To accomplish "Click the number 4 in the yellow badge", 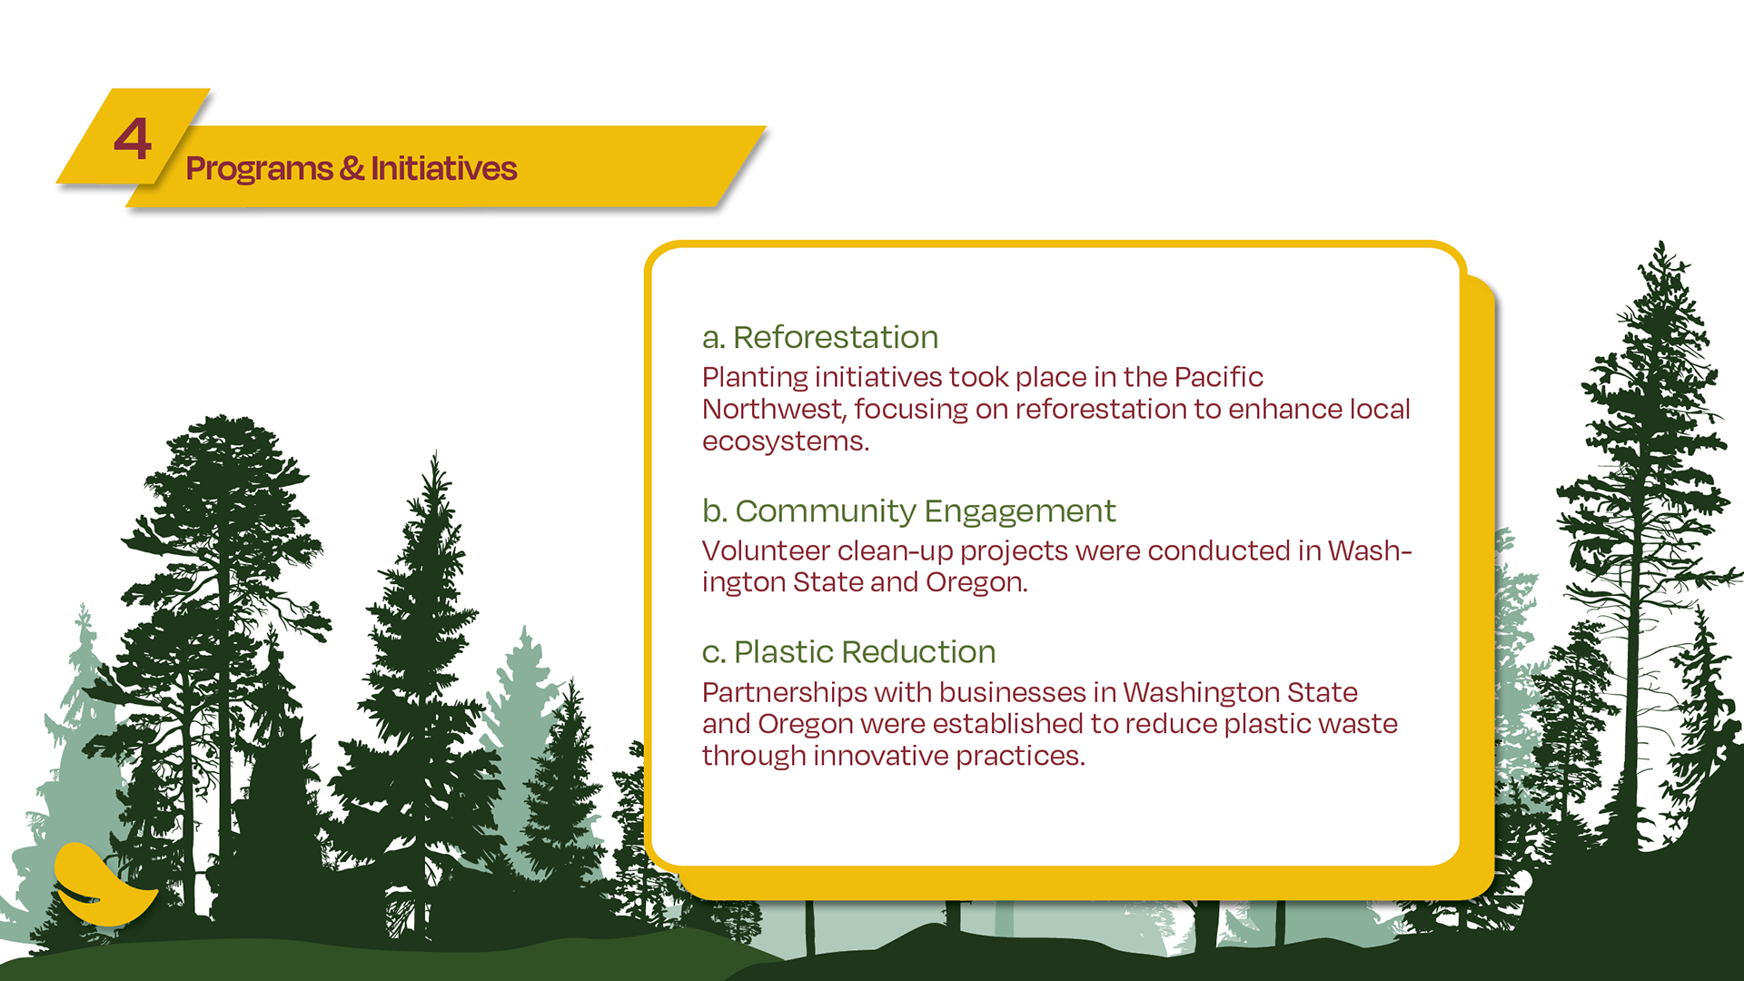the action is pos(133,140).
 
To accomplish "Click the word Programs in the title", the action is pos(259,169).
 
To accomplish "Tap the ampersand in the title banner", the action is pos(352,169).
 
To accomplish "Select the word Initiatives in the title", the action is pos(443,169).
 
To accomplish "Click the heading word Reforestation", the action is pos(835,338).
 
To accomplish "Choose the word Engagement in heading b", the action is pos(1020,511).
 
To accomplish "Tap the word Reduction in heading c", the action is pos(918,652).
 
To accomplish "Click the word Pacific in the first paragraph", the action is pos(1218,377).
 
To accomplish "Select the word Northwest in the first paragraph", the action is pos(774,410).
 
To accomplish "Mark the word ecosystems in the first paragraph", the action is pos(785,441).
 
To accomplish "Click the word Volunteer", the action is pos(766,550).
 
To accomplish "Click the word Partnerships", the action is pos(785,693).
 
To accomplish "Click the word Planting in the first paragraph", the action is pos(755,378).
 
